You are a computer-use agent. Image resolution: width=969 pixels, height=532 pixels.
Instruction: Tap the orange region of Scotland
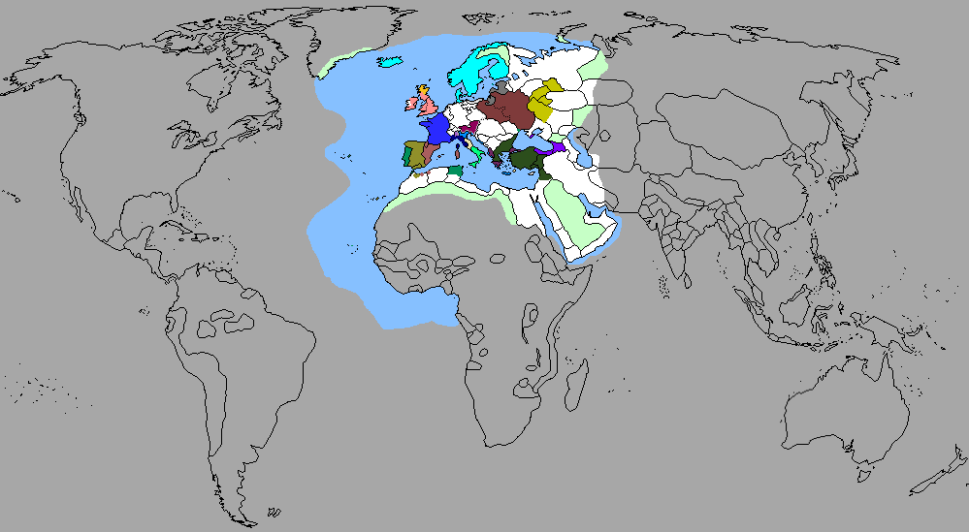(423, 91)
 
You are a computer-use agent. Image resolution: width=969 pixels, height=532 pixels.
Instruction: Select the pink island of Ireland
(411, 102)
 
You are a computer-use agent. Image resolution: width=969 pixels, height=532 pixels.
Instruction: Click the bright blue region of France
(435, 129)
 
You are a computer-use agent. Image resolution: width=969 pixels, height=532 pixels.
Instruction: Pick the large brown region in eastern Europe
(506, 110)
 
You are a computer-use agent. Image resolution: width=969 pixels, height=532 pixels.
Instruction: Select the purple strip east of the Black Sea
(560, 148)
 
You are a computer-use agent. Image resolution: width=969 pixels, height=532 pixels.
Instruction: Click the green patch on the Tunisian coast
(455, 171)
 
